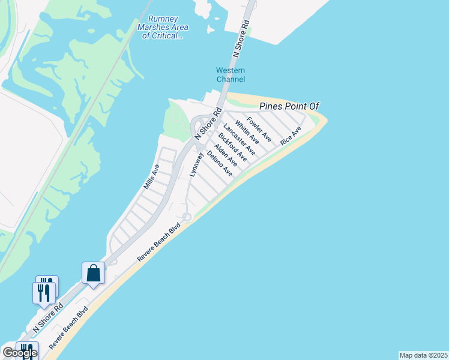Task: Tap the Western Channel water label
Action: (x=231, y=75)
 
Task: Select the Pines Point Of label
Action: (x=288, y=106)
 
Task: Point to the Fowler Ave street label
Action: (x=259, y=130)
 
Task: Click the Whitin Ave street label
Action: (x=247, y=133)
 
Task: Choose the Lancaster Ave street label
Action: (x=240, y=140)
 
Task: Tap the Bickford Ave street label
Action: (x=232, y=147)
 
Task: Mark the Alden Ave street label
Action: (x=226, y=155)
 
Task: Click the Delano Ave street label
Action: (x=219, y=163)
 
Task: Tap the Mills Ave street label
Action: (x=151, y=177)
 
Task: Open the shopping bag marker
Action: (x=94, y=274)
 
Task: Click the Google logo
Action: (x=19, y=352)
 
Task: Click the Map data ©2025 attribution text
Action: (x=423, y=355)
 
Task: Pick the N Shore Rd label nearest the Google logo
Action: (x=47, y=319)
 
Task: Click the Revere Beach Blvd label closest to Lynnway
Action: (x=158, y=242)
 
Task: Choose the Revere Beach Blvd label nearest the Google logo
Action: (x=68, y=328)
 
